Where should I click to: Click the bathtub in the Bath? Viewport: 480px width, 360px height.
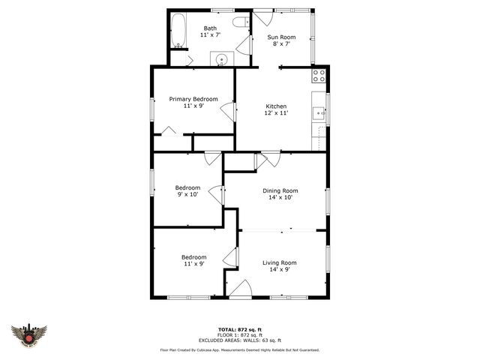178,32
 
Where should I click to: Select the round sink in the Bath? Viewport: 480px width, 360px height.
222,60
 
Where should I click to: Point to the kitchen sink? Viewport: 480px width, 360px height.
319,114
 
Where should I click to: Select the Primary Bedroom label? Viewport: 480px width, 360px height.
193,99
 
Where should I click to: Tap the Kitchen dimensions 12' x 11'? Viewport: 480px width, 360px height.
276,113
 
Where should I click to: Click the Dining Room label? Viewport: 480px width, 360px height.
280,190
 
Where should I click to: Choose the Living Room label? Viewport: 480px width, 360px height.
279,262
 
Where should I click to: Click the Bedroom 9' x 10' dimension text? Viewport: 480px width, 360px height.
187,194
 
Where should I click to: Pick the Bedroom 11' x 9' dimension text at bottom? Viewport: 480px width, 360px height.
193,263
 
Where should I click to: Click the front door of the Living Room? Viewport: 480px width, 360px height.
240,291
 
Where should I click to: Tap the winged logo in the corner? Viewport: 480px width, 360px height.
29,334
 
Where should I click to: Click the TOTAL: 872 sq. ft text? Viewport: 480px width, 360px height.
239,330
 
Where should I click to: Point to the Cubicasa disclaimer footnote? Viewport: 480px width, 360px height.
239,349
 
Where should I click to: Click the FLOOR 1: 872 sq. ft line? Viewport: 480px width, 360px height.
239,334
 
